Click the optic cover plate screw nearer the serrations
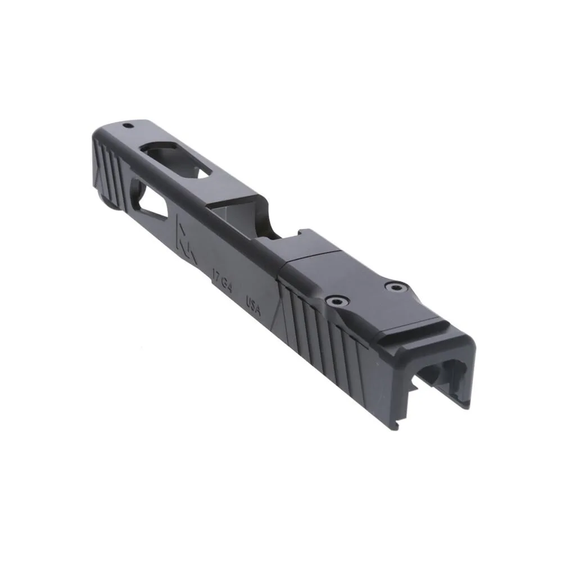pyautogui.click(x=337, y=302)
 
